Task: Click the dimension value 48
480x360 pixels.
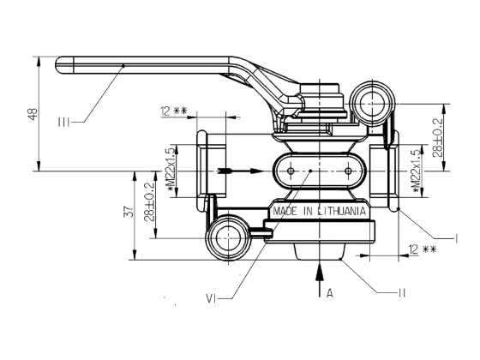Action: pos(33,114)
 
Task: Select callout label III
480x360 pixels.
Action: pos(63,123)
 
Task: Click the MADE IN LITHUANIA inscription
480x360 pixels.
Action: pos(319,210)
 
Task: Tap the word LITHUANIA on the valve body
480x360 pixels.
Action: pos(341,210)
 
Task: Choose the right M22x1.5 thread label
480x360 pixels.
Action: pos(416,170)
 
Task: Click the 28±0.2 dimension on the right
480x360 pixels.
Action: pos(436,137)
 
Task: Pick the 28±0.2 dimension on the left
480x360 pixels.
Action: pos(151,203)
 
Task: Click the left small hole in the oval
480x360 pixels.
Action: pos(291,171)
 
